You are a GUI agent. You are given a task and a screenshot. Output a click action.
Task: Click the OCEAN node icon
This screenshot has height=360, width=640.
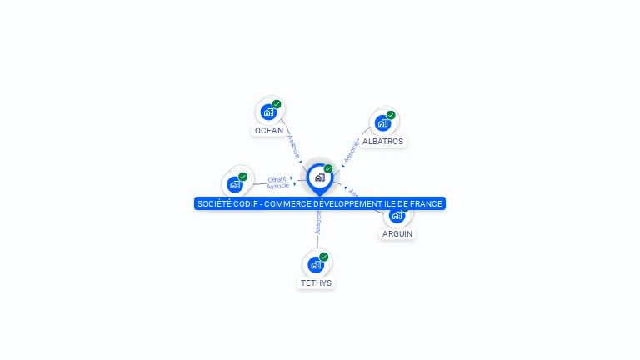[268, 112]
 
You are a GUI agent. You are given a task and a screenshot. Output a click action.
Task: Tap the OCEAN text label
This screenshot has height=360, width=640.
[269, 131]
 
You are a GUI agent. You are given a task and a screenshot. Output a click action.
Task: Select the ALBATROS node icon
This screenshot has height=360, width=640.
[382, 122]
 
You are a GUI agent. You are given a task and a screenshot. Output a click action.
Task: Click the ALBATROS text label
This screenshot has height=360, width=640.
[382, 142]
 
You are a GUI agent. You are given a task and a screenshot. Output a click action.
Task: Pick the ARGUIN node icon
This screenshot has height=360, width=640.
[397, 215]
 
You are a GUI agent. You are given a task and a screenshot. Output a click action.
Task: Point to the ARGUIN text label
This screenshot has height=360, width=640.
[397, 234]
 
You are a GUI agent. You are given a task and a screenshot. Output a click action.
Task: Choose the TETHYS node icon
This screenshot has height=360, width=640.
[316, 264]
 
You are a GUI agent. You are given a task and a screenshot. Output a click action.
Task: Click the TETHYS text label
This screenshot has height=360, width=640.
[316, 283]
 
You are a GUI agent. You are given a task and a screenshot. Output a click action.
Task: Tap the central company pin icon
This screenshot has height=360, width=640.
[319, 177]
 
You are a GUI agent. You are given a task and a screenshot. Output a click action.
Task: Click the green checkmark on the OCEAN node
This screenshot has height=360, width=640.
[277, 104]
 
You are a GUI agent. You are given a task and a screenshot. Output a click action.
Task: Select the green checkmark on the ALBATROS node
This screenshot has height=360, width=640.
[391, 115]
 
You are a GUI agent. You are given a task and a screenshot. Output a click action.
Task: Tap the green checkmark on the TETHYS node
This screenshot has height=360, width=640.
[324, 257]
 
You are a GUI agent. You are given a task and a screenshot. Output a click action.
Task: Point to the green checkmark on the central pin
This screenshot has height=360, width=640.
[328, 168]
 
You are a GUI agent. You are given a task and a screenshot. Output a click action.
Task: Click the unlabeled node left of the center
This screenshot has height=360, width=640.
[235, 184]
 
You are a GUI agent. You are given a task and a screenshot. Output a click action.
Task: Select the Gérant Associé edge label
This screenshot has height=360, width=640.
[277, 182]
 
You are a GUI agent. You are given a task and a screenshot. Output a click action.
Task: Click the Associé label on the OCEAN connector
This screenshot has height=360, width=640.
[292, 145]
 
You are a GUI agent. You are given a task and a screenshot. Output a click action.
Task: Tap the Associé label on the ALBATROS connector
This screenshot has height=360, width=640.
[352, 150]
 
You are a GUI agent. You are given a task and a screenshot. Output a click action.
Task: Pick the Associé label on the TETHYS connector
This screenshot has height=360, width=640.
[317, 222]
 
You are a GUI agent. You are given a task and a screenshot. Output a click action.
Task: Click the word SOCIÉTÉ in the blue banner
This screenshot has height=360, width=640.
[215, 203]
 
